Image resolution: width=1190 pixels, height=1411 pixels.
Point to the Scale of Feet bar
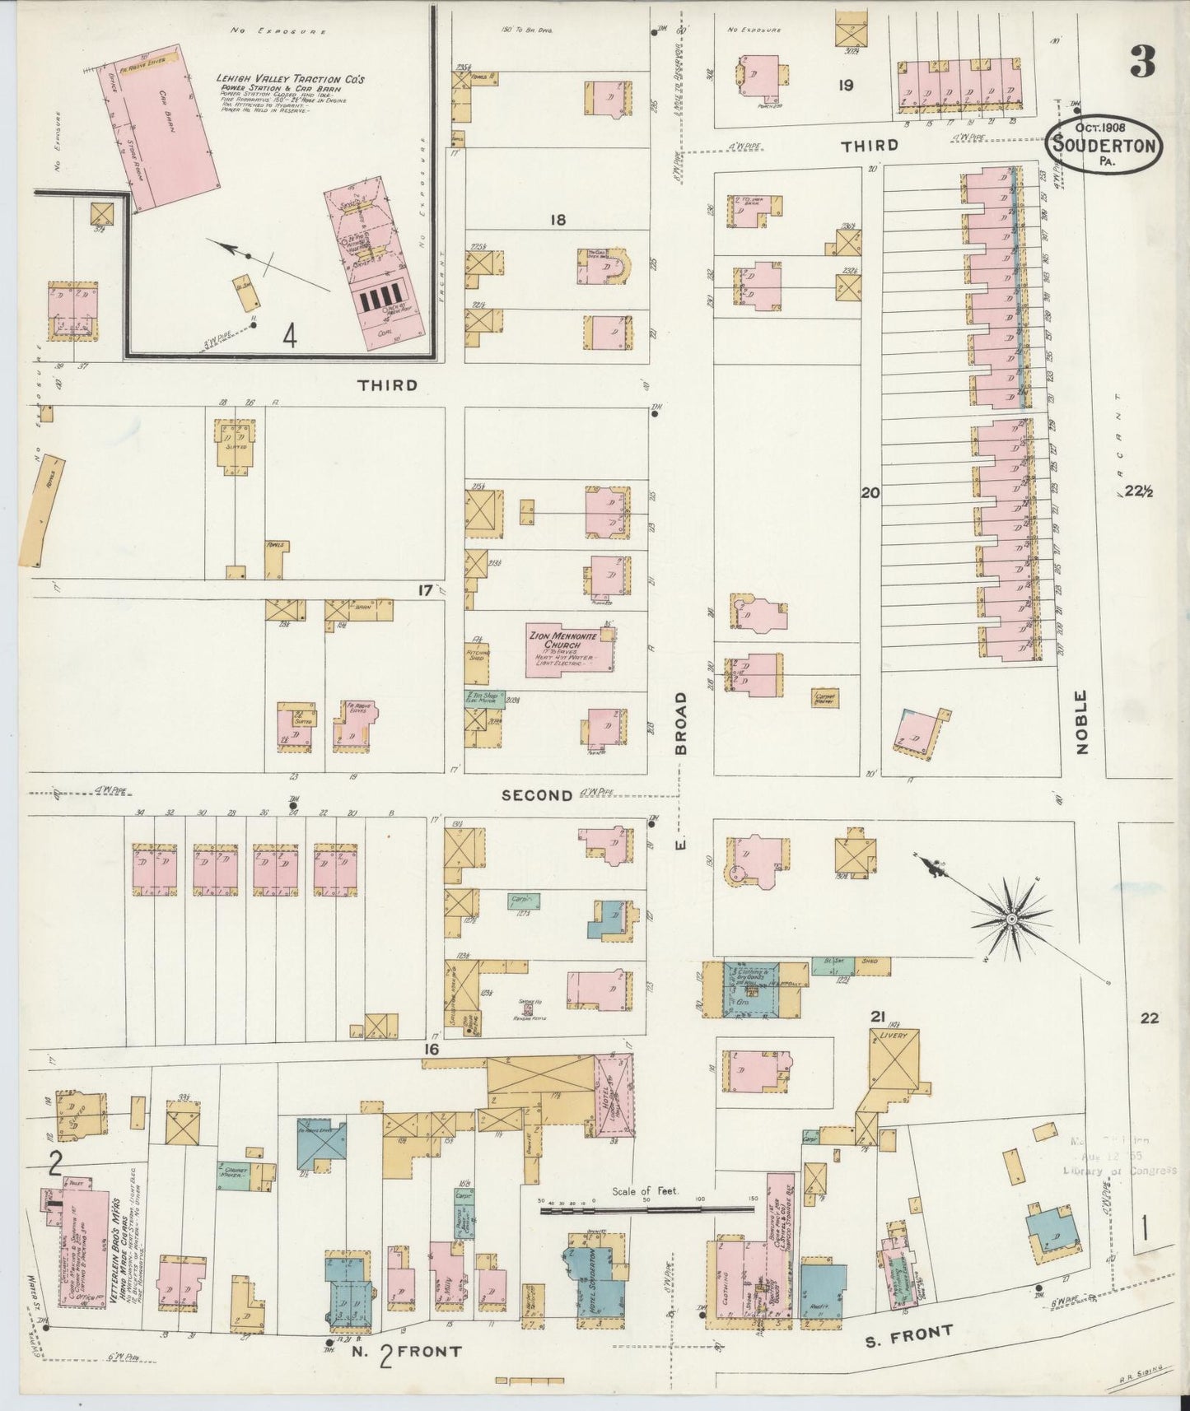[646, 1209]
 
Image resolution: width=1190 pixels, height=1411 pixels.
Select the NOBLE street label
[1081, 722]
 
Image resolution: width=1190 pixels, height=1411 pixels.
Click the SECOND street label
[537, 795]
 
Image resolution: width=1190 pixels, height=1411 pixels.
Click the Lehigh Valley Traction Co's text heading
[289, 80]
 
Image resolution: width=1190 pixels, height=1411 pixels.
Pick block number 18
[558, 220]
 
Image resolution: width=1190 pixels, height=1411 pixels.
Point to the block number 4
[289, 336]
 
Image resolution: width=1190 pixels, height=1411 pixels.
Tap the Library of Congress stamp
[1120, 1157]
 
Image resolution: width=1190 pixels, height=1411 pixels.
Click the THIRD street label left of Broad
[387, 384]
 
